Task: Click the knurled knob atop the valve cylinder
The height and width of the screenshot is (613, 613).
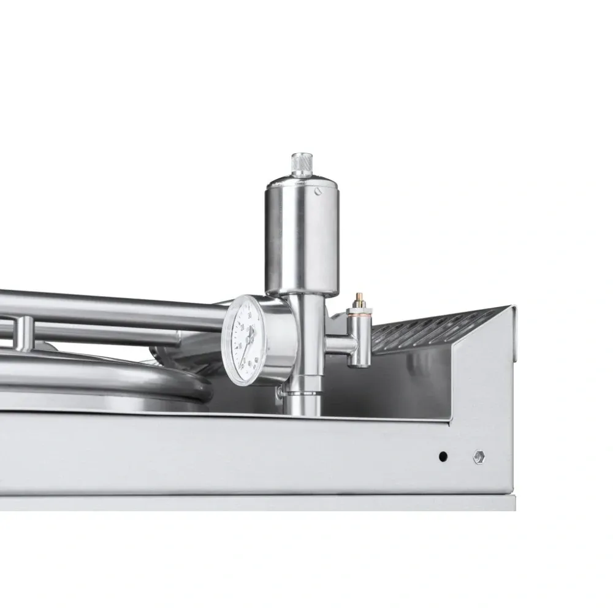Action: tap(300, 164)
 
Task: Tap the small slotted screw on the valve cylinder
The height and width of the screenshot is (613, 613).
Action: tap(318, 192)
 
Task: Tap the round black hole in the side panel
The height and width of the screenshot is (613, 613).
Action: tap(443, 457)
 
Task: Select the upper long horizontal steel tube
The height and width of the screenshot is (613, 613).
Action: tap(123, 306)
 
